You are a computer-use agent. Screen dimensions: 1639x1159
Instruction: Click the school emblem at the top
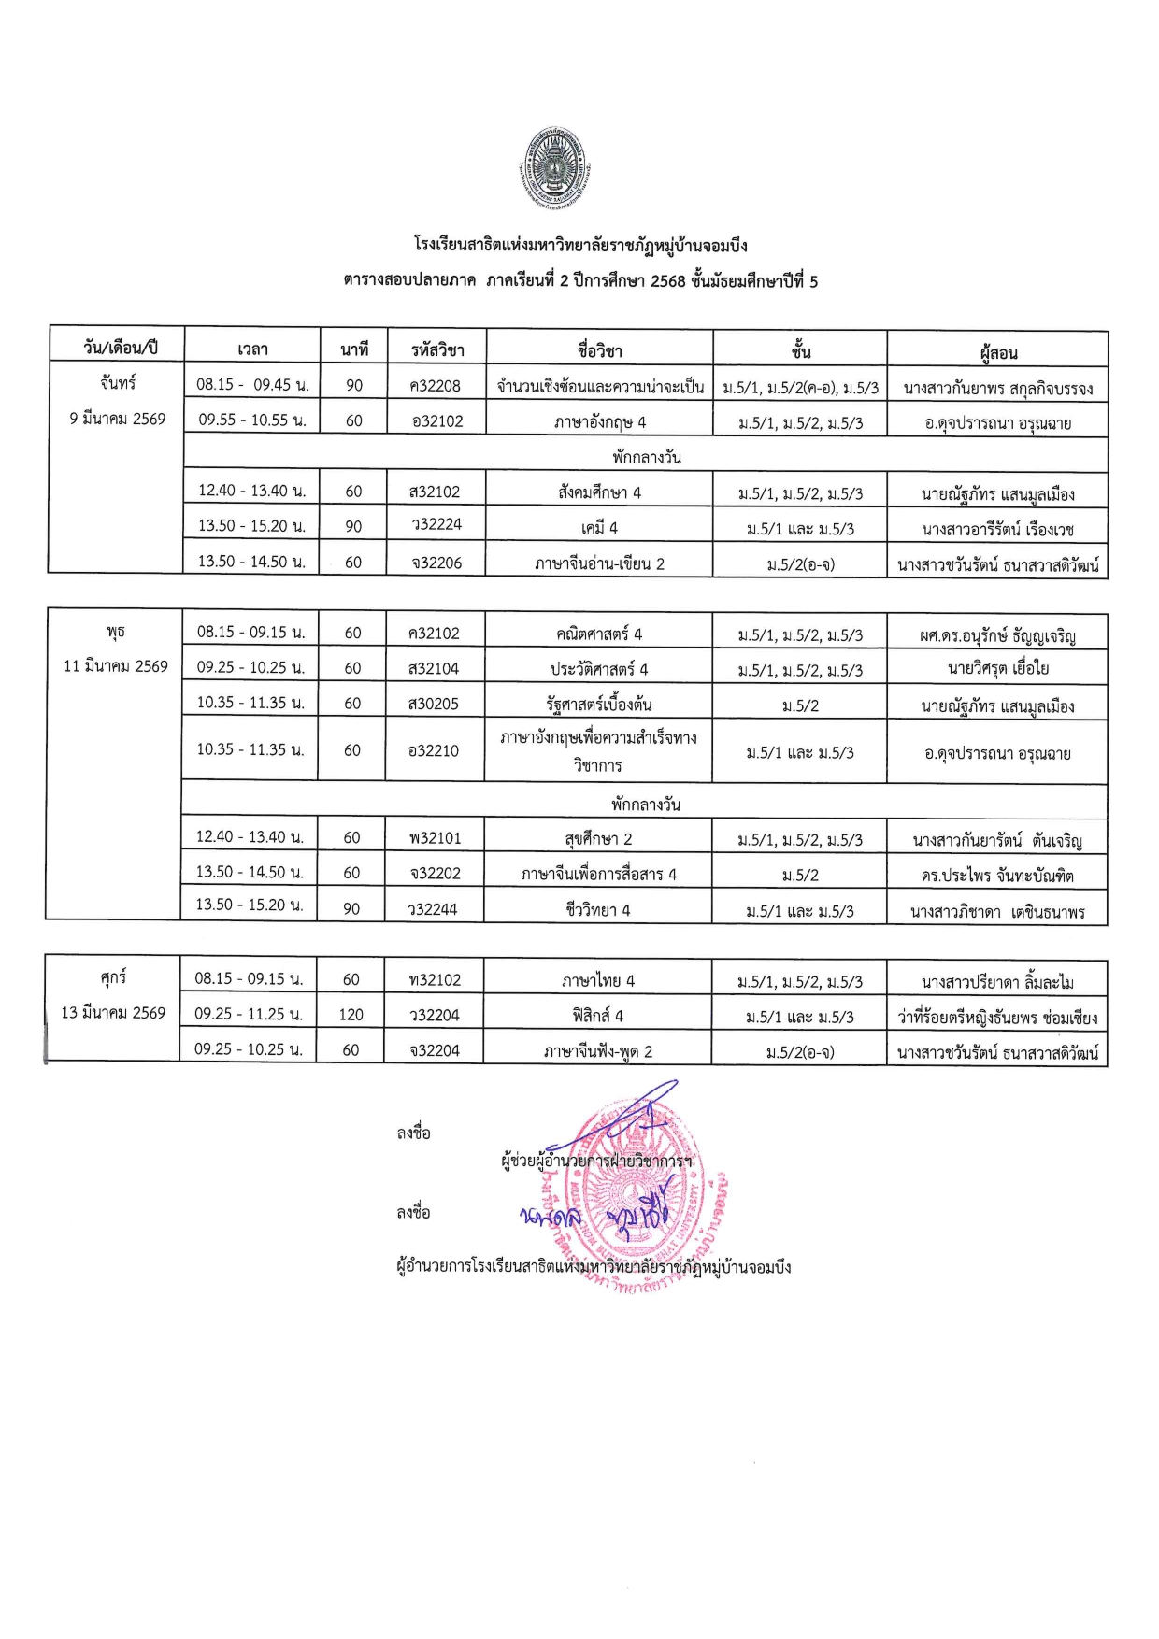554,169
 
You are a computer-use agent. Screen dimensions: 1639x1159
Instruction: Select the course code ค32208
435,386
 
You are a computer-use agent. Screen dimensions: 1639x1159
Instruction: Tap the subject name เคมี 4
599,528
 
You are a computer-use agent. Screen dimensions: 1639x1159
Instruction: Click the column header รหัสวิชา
436,350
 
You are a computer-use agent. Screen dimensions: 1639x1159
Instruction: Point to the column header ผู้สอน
997,352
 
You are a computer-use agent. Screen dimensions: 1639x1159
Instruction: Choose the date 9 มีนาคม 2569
117,419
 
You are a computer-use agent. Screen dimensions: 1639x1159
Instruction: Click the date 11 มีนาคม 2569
115,666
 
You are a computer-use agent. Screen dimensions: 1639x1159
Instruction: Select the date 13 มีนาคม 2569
113,1013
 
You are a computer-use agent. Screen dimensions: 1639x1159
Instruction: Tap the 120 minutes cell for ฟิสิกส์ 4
351,1015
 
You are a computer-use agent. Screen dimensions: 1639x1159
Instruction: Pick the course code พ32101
435,838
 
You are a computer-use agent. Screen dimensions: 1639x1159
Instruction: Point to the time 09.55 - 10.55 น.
252,420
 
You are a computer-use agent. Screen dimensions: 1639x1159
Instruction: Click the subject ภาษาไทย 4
597,980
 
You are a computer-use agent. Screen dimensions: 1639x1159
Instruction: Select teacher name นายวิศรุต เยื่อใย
997,669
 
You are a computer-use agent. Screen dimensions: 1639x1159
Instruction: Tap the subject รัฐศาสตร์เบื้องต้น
598,705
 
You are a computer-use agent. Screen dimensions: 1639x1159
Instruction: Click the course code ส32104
434,669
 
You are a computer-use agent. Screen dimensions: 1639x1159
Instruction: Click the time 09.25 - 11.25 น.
249,1014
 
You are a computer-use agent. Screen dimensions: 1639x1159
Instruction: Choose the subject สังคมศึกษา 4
599,492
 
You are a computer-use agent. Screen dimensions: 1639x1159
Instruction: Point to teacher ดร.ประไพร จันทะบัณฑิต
997,876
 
